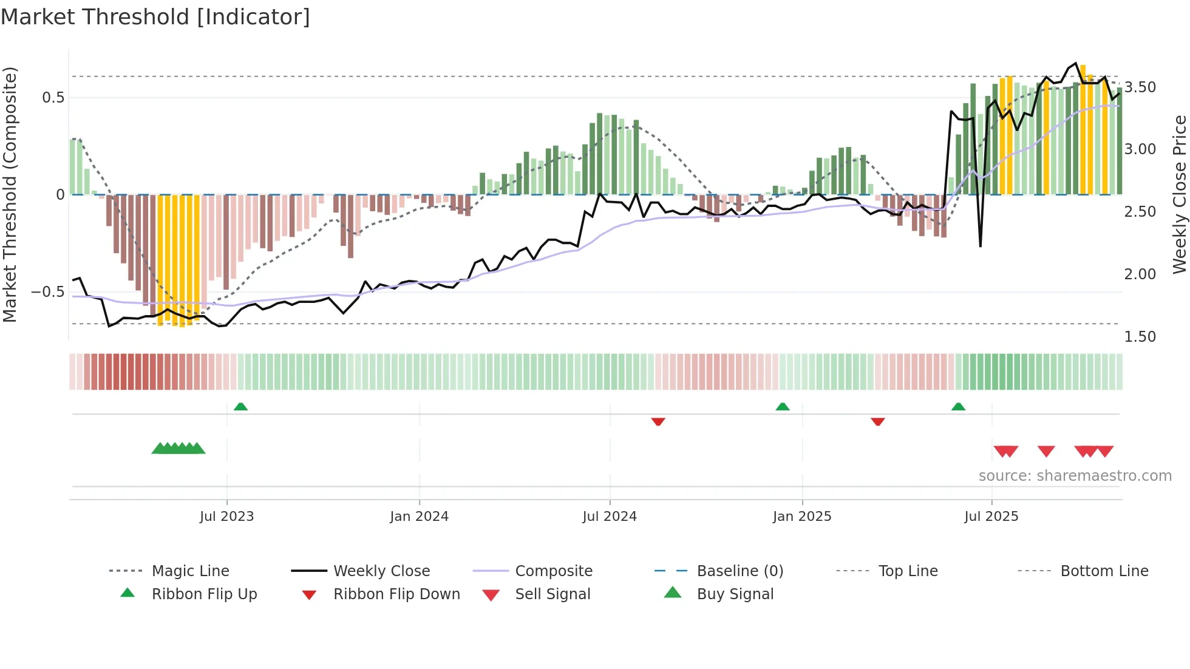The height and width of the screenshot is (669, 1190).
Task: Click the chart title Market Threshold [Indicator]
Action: click(155, 17)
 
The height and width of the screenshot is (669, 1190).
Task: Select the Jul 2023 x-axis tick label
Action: click(226, 517)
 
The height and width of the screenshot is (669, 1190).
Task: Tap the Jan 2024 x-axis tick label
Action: click(419, 517)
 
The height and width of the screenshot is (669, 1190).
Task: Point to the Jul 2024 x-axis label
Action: click(610, 517)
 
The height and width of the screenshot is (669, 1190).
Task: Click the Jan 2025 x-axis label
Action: click(802, 517)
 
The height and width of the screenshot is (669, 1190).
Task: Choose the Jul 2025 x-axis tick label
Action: click(991, 517)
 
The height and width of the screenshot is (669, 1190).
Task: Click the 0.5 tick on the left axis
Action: click(53, 98)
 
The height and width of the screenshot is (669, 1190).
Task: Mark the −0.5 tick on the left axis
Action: click(48, 292)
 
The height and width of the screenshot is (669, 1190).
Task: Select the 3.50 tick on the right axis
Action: click(1140, 87)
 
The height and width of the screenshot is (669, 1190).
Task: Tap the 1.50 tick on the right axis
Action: click(1140, 337)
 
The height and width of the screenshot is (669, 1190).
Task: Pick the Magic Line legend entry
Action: click(190, 571)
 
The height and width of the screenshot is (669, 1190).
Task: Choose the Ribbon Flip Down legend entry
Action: click(396, 594)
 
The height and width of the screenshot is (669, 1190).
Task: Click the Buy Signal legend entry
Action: click(735, 594)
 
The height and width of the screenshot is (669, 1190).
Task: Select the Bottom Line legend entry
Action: click(1104, 571)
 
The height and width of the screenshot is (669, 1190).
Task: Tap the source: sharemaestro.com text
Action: click(1075, 476)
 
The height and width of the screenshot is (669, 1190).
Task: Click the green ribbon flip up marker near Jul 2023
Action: click(240, 407)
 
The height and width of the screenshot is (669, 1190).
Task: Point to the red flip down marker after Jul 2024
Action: click(658, 421)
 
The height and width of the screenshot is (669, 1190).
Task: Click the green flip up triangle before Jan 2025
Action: click(783, 407)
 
